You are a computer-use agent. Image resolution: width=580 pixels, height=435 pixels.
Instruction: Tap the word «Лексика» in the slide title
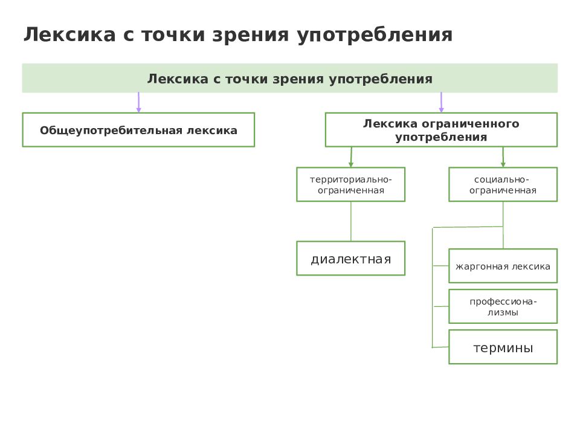pyautogui.click(x=70, y=34)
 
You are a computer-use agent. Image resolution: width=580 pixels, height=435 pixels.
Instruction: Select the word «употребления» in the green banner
pyautogui.click(x=381, y=79)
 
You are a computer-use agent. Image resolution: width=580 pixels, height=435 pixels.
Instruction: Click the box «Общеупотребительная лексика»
pyautogui.click(x=138, y=130)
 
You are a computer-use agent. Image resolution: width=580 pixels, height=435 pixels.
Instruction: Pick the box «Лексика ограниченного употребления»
pyautogui.click(x=441, y=130)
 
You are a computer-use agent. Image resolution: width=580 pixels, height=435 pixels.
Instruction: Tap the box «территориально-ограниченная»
pyautogui.click(x=350, y=185)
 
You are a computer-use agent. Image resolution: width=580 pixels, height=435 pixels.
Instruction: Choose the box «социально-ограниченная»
pyautogui.click(x=503, y=185)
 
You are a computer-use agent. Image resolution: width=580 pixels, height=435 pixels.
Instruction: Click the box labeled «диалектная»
pyautogui.click(x=350, y=259)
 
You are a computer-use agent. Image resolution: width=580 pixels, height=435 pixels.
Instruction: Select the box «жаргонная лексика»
pyautogui.click(x=503, y=266)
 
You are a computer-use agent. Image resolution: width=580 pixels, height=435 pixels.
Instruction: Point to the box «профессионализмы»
pyautogui.click(x=503, y=307)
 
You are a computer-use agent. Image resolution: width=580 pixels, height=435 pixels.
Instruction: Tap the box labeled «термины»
pyautogui.click(x=503, y=347)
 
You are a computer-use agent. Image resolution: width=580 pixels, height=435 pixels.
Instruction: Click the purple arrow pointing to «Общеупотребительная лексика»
pyautogui.click(x=139, y=103)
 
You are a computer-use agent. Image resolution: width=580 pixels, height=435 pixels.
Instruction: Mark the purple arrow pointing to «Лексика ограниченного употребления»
pyautogui.click(x=441, y=103)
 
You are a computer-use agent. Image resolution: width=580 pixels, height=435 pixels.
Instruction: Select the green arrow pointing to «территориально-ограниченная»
pyautogui.click(x=351, y=157)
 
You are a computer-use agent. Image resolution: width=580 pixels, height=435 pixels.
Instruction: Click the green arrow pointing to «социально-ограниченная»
pyautogui.click(x=503, y=157)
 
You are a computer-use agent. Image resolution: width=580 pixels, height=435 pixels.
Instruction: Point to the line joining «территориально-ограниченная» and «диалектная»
pyautogui.click(x=350, y=222)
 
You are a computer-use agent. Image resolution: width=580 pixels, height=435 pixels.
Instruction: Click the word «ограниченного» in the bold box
pyautogui.click(x=471, y=124)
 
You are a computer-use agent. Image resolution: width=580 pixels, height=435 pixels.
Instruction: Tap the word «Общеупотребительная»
pyautogui.click(x=111, y=130)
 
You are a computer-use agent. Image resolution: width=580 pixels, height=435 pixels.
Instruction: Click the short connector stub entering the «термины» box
pyautogui.click(x=440, y=347)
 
